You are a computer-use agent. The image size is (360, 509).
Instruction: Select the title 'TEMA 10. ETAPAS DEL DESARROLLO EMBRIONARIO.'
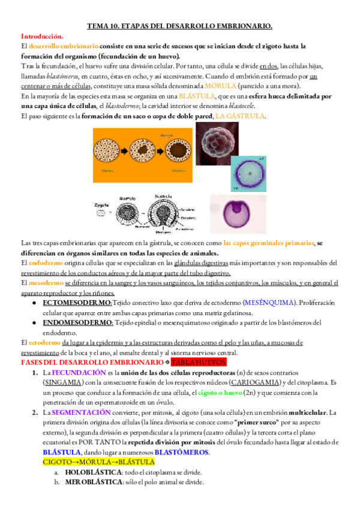pos(179,26)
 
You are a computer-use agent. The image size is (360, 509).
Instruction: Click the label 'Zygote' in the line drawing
pos(101,205)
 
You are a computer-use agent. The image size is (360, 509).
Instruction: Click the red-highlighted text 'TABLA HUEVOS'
pos(199,363)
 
